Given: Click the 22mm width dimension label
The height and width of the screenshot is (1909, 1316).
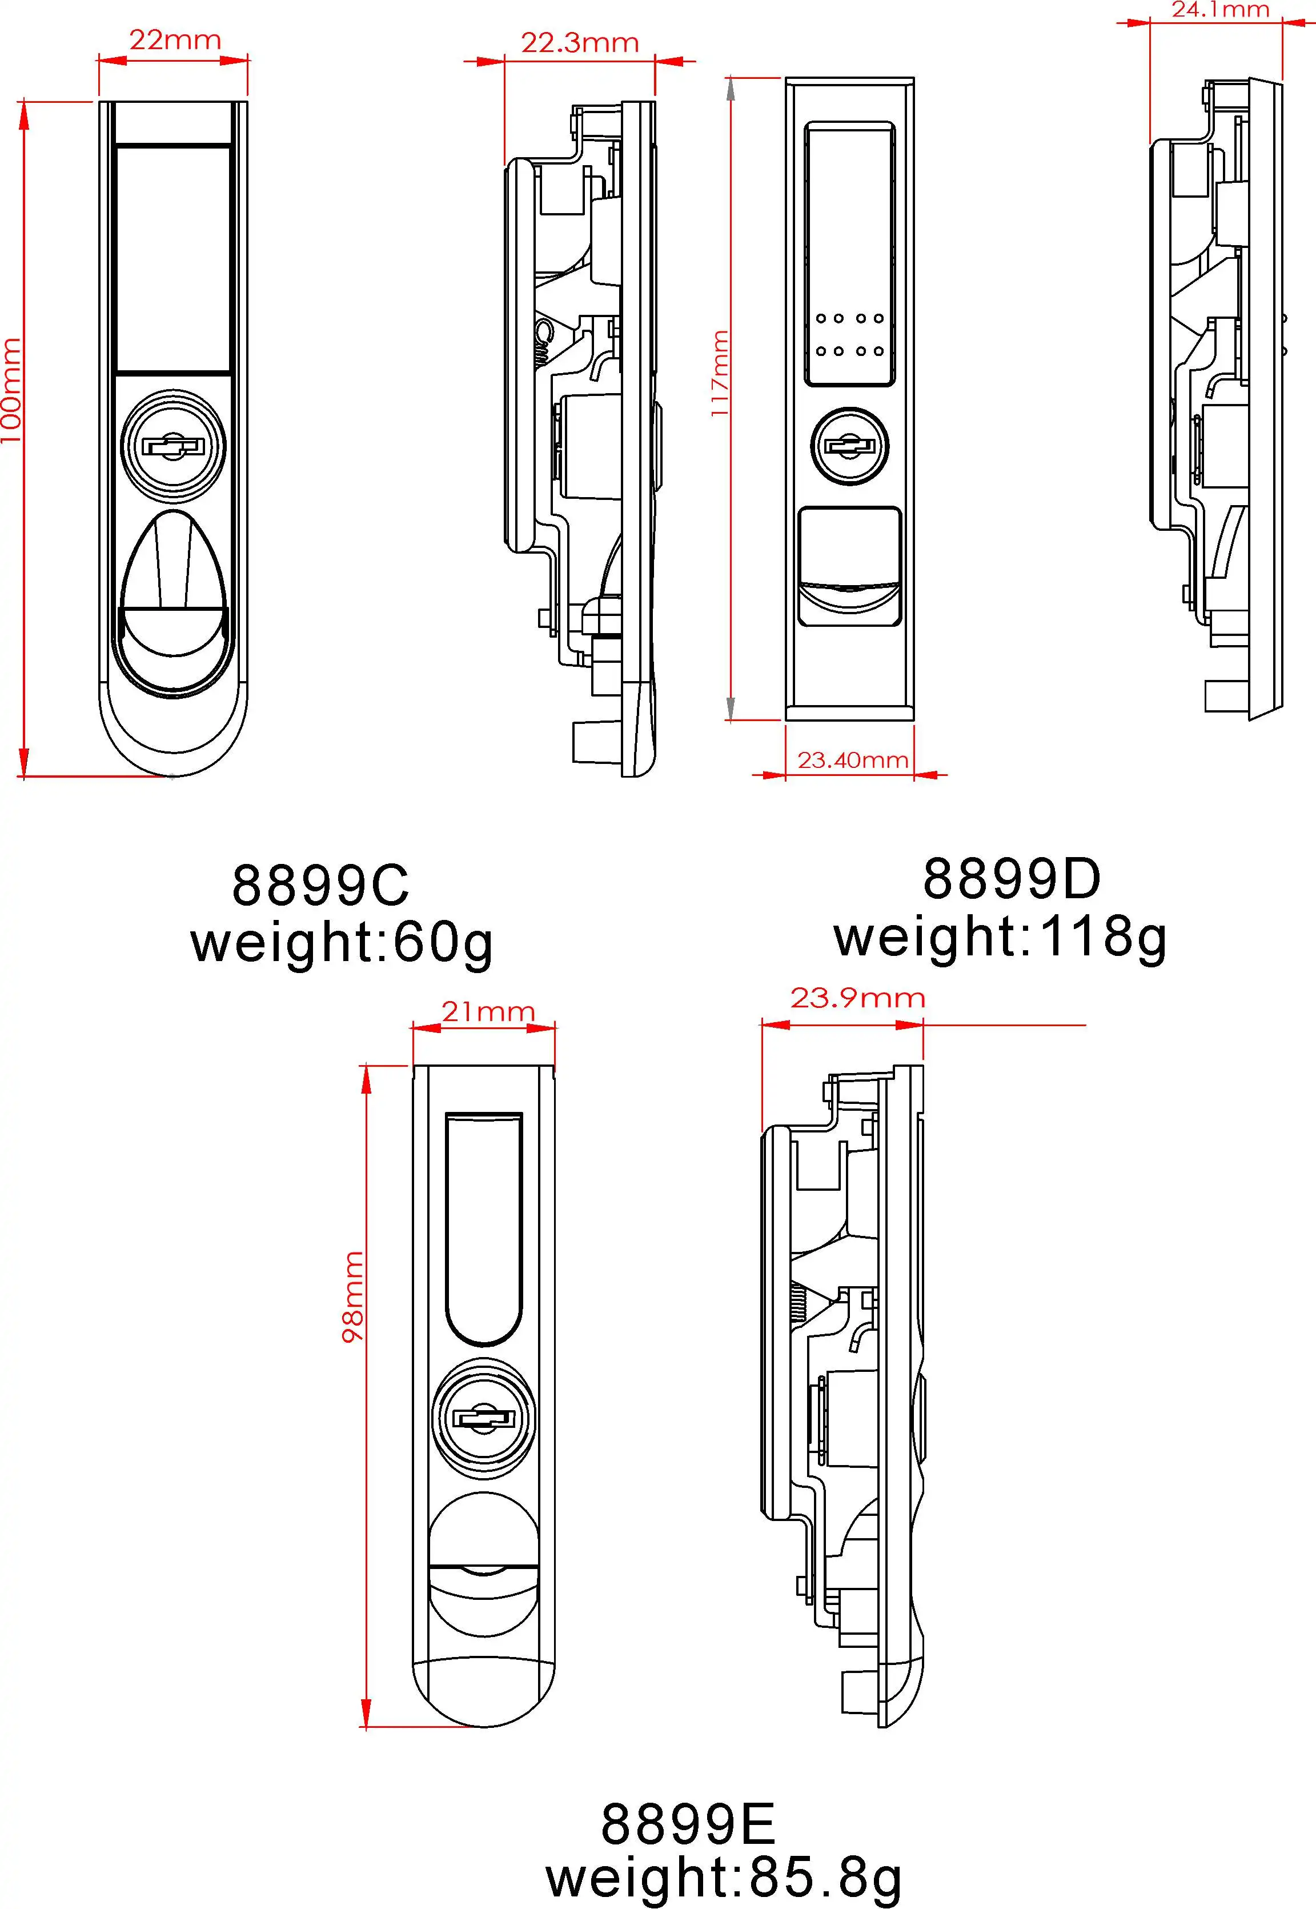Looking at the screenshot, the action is [175, 39].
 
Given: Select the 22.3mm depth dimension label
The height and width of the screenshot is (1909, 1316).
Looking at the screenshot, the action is [580, 42].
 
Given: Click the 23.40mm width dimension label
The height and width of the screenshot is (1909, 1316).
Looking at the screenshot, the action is [853, 759].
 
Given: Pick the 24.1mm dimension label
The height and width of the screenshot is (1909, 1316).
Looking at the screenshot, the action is [1221, 10].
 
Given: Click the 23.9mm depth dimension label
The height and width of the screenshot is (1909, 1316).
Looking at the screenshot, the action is [857, 998].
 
